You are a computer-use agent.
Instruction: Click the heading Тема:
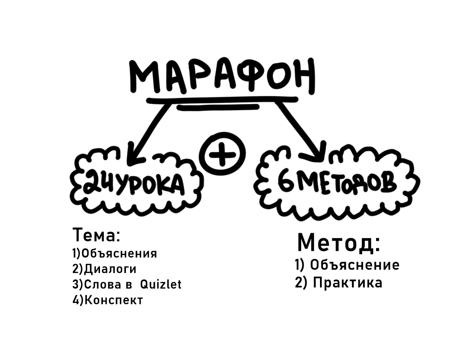tap(97, 235)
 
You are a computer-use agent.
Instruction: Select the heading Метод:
tap(339, 243)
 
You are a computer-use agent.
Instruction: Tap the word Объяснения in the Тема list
tap(119, 254)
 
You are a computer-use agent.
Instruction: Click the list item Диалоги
tap(110, 269)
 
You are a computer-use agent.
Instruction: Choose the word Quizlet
tap(161, 285)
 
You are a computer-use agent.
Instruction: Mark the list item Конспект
tap(113, 301)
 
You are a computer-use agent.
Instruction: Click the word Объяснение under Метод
tap(355, 265)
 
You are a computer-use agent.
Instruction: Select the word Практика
tap(347, 283)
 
